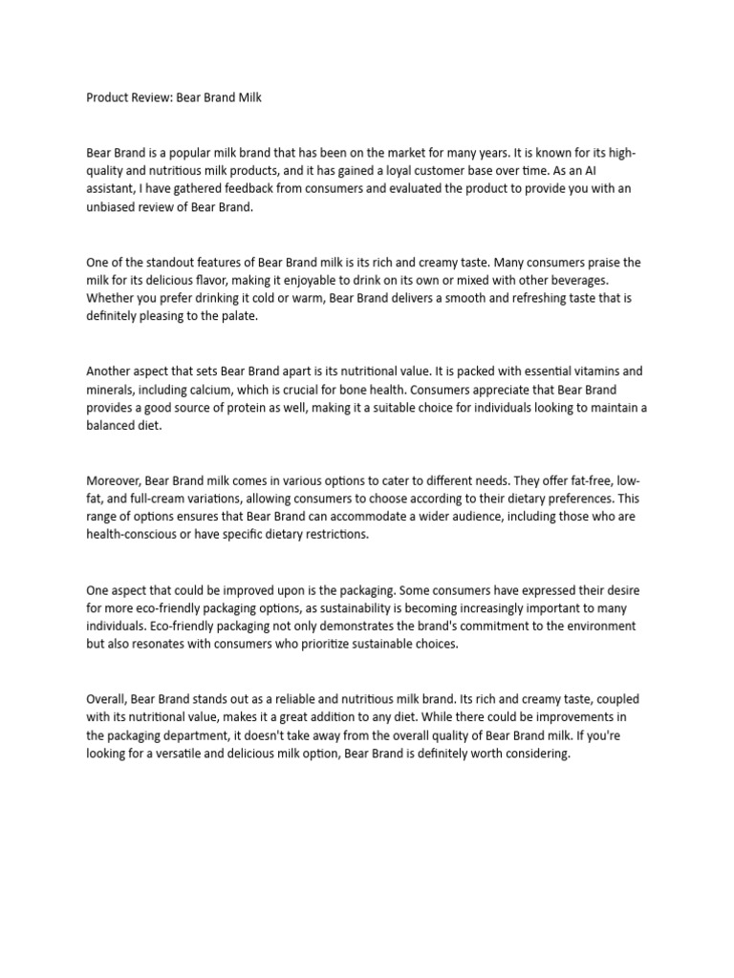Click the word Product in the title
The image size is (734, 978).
tap(108, 97)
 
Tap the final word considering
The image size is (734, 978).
tap(536, 754)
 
